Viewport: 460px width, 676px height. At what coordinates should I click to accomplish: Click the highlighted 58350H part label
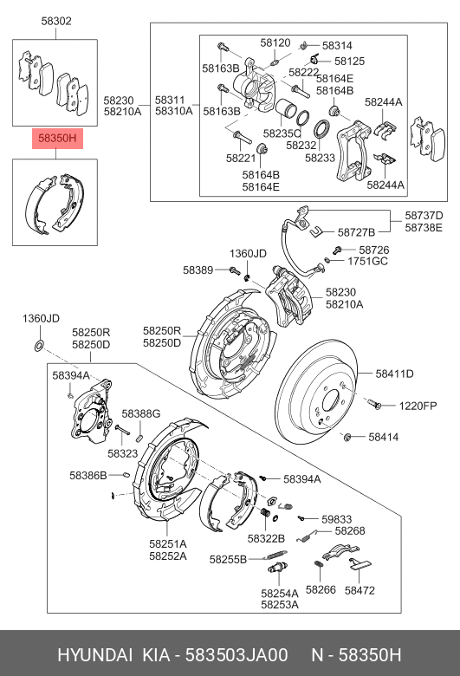point(55,137)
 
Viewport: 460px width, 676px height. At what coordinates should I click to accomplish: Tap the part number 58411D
point(394,374)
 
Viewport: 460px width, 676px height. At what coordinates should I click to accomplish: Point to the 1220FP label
point(419,406)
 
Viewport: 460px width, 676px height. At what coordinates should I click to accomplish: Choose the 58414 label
point(383,438)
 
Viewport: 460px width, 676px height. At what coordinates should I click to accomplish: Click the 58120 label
point(275,42)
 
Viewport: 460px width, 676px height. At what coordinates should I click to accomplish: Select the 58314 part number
point(337,45)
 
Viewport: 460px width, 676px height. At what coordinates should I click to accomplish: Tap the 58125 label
point(349,62)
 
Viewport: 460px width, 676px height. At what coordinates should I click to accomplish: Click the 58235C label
point(282,133)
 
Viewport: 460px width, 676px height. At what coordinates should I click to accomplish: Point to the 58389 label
point(198,270)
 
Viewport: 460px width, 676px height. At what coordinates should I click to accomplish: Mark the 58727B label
point(356,232)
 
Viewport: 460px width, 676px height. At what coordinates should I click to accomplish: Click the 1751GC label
point(368,260)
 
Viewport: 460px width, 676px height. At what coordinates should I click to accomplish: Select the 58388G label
point(140,414)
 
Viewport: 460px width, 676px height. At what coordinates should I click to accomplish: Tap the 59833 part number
point(336,518)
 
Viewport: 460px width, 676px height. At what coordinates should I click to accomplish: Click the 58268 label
point(349,530)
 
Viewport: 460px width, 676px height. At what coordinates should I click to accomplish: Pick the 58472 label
point(360,589)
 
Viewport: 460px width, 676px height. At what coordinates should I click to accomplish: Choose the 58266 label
point(320,589)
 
